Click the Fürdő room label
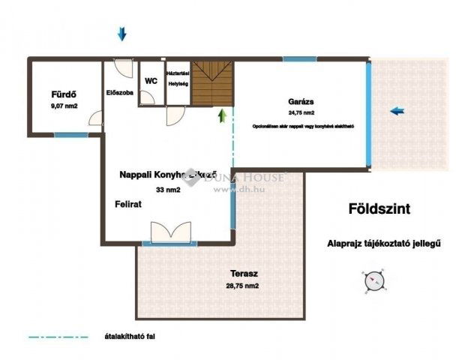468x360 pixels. (x=64, y=94)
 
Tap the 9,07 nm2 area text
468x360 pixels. (x=64, y=106)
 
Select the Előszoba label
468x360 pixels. (x=120, y=94)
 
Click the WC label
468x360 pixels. (x=150, y=81)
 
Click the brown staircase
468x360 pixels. (x=212, y=84)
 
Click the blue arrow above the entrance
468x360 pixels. (x=122, y=34)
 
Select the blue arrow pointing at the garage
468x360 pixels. (x=397, y=111)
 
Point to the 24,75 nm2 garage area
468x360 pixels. (x=300, y=114)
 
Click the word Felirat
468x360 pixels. (x=128, y=204)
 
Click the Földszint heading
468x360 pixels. (x=379, y=209)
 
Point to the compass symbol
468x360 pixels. (x=373, y=280)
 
